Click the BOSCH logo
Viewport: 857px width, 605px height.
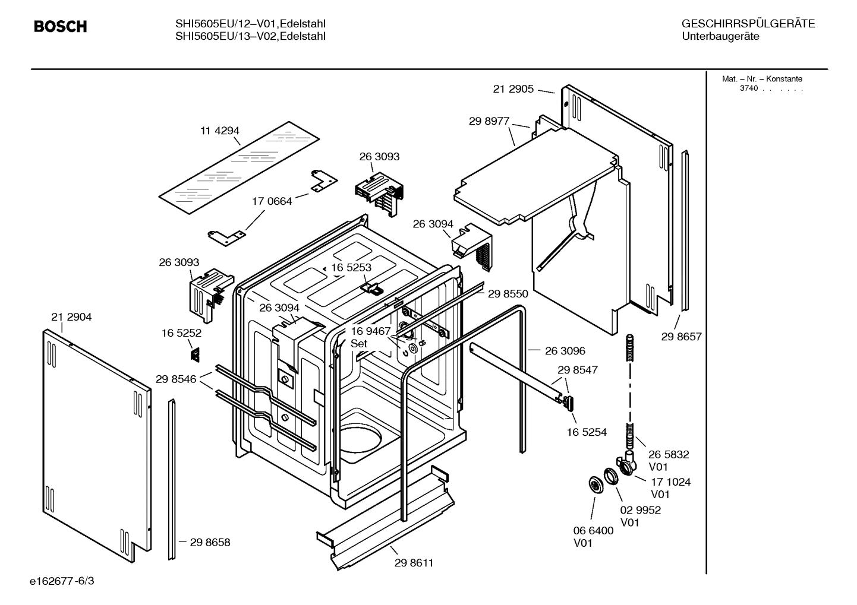(x=61, y=27)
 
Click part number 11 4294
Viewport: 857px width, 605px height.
(x=219, y=131)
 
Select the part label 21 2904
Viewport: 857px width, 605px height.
(x=71, y=317)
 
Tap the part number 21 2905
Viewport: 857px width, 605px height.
(x=513, y=89)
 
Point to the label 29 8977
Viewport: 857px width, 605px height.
(x=489, y=121)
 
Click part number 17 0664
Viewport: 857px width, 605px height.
(x=272, y=201)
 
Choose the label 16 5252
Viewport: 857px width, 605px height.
(x=181, y=333)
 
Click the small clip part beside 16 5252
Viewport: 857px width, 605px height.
(x=194, y=354)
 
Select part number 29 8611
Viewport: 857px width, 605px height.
(x=414, y=563)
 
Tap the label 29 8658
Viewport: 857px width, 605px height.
(x=210, y=542)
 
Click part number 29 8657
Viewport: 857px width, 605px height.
(x=681, y=337)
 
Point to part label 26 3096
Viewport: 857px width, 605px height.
(x=565, y=351)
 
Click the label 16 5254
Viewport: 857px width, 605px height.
(x=586, y=432)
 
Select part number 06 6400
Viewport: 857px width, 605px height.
(x=593, y=531)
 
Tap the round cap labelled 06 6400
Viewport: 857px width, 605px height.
(x=594, y=484)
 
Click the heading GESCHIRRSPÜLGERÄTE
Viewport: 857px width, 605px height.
(x=748, y=24)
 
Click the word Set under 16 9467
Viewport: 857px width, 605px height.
(x=358, y=344)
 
